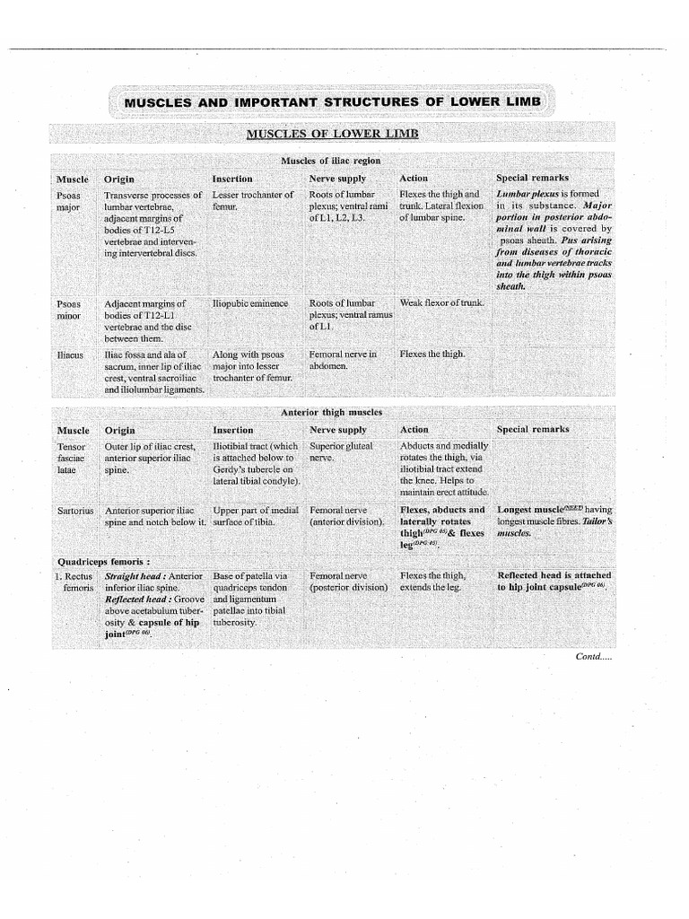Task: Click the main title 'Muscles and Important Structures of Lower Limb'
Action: point(332,102)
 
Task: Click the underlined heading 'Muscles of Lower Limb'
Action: point(332,134)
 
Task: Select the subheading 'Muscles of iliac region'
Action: point(331,161)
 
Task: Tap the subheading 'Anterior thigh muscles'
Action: point(331,412)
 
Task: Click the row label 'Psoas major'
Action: point(69,201)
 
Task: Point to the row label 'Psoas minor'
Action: point(69,311)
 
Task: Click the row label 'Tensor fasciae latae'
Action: point(72,457)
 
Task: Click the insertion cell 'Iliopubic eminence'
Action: point(251,303)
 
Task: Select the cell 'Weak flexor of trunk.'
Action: point(441,303)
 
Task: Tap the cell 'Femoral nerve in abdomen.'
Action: point(342,360)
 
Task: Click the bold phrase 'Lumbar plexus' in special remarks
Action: point(525,194)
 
